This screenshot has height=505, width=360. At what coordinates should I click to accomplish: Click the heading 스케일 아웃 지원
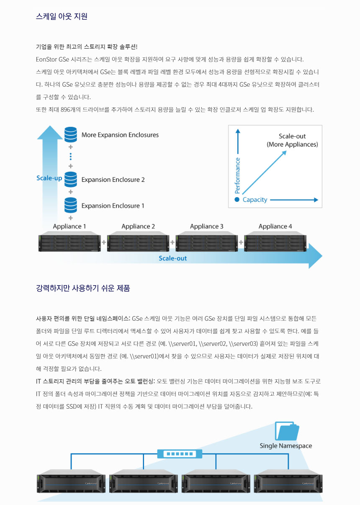(x=62, y=17)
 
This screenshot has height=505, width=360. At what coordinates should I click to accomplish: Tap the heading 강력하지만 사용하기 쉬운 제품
(x=83, y=288)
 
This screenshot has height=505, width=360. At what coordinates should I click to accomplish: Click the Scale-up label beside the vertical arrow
(x=49, y=178)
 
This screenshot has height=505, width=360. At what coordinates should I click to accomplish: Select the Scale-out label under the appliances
(x=172, y=258)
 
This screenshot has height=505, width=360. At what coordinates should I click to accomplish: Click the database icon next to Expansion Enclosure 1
(x=71, y=205)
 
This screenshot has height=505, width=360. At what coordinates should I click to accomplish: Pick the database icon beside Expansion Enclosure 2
(x=71, y=179)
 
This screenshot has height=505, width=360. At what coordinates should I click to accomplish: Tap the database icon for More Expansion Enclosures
(x=71, y=134)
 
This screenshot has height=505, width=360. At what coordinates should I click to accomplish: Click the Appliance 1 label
(x=69, y=227)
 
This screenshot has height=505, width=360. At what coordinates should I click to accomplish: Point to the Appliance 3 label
(x=207, y=227)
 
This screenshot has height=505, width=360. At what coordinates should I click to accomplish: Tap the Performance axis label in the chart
(x=238, y=175)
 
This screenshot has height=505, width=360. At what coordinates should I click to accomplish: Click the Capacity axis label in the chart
(x=255, y=200)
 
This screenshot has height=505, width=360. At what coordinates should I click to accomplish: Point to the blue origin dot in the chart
(x=237, y=200)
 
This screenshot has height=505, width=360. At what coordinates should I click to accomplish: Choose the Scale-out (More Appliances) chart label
(x=292, y=140)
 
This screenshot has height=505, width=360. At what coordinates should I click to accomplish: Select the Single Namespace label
(x=286, y=446)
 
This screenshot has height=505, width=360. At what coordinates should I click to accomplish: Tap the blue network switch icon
(x=180, y=453)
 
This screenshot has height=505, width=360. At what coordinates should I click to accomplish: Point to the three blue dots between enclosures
(x=71, y=157)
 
